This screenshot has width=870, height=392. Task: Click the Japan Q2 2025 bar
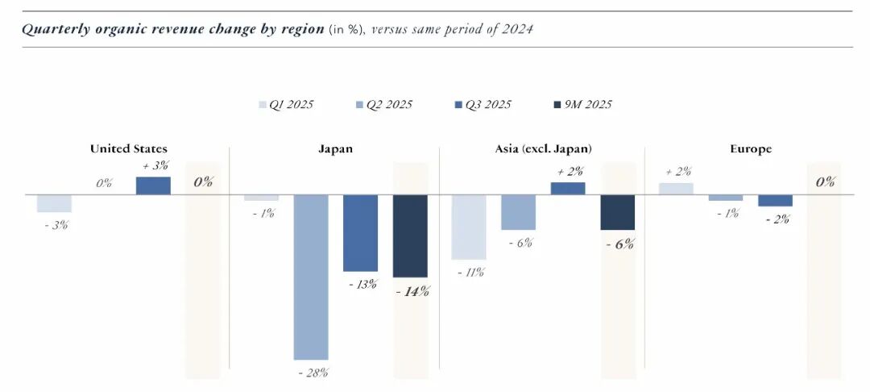(311, 277)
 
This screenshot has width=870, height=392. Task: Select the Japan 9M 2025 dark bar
(410, 236)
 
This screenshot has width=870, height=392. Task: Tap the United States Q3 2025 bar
(153, 186)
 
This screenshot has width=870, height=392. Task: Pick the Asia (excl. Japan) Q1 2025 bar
(469, 227)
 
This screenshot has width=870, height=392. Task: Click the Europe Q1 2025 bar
(676, 189)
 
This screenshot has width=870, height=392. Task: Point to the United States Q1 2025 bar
(55, 203)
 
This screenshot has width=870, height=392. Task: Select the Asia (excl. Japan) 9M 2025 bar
(618, 212)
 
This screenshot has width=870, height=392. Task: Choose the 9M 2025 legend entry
(582, 105)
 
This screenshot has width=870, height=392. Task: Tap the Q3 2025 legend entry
(483, 105)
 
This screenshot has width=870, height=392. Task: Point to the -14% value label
(412, 291)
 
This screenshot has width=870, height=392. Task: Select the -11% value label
(470, 272)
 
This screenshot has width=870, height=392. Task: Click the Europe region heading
(750, 149)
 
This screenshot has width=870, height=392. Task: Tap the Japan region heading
(335, 149)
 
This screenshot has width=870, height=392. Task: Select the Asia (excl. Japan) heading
(543, 149)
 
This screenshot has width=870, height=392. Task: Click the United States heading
(129, 149)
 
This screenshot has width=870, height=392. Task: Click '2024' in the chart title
(517, 29)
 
